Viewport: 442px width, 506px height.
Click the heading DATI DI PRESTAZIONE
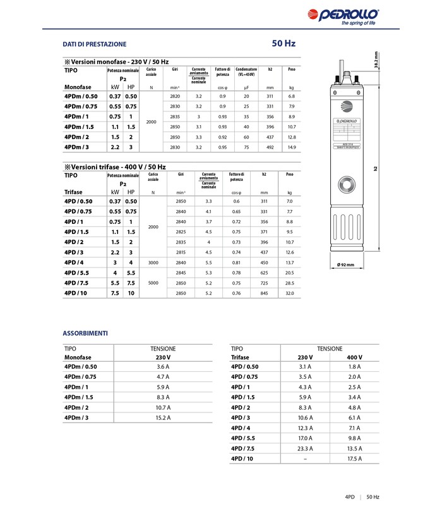pos(94,44)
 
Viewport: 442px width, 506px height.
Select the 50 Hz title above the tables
pos(284,44)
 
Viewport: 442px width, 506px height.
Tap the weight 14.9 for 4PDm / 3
pos(291,147)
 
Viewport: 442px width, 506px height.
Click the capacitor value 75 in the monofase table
pos(246,147)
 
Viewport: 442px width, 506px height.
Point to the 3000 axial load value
pos(152,262)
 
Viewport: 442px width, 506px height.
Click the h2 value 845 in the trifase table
pos(264,293)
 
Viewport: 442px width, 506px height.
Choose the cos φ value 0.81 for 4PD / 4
pos(236,262)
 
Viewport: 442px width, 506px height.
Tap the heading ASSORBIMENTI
pos(85,333)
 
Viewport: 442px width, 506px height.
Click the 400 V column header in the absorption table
pos(354,357)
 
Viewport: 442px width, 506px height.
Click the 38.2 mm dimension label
pos(377,61)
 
